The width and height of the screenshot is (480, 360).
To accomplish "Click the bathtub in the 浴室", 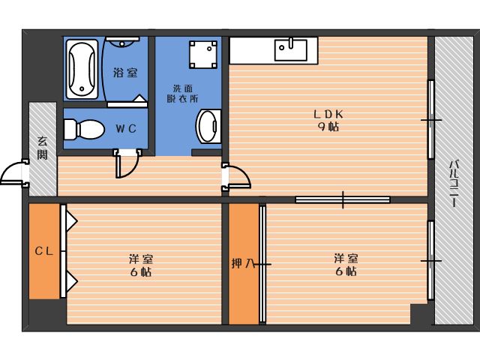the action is (x=82, y=70).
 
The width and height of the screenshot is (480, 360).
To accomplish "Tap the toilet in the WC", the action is (x=84, y=129).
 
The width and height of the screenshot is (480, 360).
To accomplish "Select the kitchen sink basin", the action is (x=290, y=49).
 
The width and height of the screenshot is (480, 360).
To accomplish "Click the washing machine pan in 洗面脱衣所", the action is (x=203, y=55).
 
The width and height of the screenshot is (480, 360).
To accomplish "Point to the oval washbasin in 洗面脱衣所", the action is (x=208, y=126).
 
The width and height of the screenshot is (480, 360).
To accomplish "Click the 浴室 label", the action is (x=125, y=73).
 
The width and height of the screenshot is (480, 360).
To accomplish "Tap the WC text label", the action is (x=126, y=128).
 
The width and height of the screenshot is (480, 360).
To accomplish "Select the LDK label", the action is (x=328, y=114).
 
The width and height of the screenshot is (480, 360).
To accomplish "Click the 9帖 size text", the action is (x=328, y=127).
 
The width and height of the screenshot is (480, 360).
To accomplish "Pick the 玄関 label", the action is (x=43, y=148).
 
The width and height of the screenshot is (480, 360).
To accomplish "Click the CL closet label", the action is (x=44, y=251).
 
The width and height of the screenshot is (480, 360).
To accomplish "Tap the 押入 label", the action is (x=243, y=263).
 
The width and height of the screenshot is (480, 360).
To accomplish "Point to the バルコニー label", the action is (x=454, y=183).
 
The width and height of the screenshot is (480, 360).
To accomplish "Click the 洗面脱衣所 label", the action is (x=182, y=93).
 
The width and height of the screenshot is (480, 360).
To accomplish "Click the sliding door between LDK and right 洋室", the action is (x=343, y=200).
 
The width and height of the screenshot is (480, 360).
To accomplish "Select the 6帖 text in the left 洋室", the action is (x=141, y=271).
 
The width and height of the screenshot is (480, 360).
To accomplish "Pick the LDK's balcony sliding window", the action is (x=431, y=120).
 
